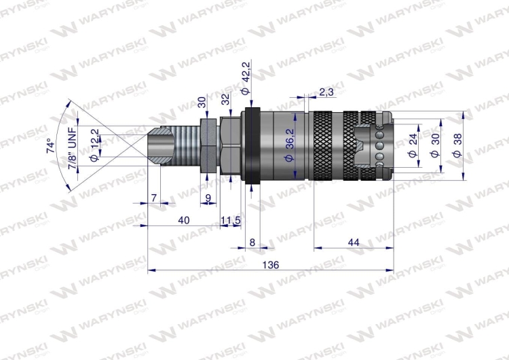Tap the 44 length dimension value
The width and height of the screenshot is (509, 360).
coord(353,242)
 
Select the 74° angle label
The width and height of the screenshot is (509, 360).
coord(49,147)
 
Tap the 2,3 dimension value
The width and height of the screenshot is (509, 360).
coord(326,92)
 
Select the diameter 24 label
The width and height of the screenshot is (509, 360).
coord(412,145)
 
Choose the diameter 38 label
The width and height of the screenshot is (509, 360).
coord(456,145)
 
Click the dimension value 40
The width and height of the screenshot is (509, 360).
coord(183,219)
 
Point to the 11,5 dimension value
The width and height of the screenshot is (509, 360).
coord(231,219)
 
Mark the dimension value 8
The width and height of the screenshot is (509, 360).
coord(252,242)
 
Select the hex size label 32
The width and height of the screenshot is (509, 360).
coord(226,99)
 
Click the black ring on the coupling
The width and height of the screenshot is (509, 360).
coord(252,145)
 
